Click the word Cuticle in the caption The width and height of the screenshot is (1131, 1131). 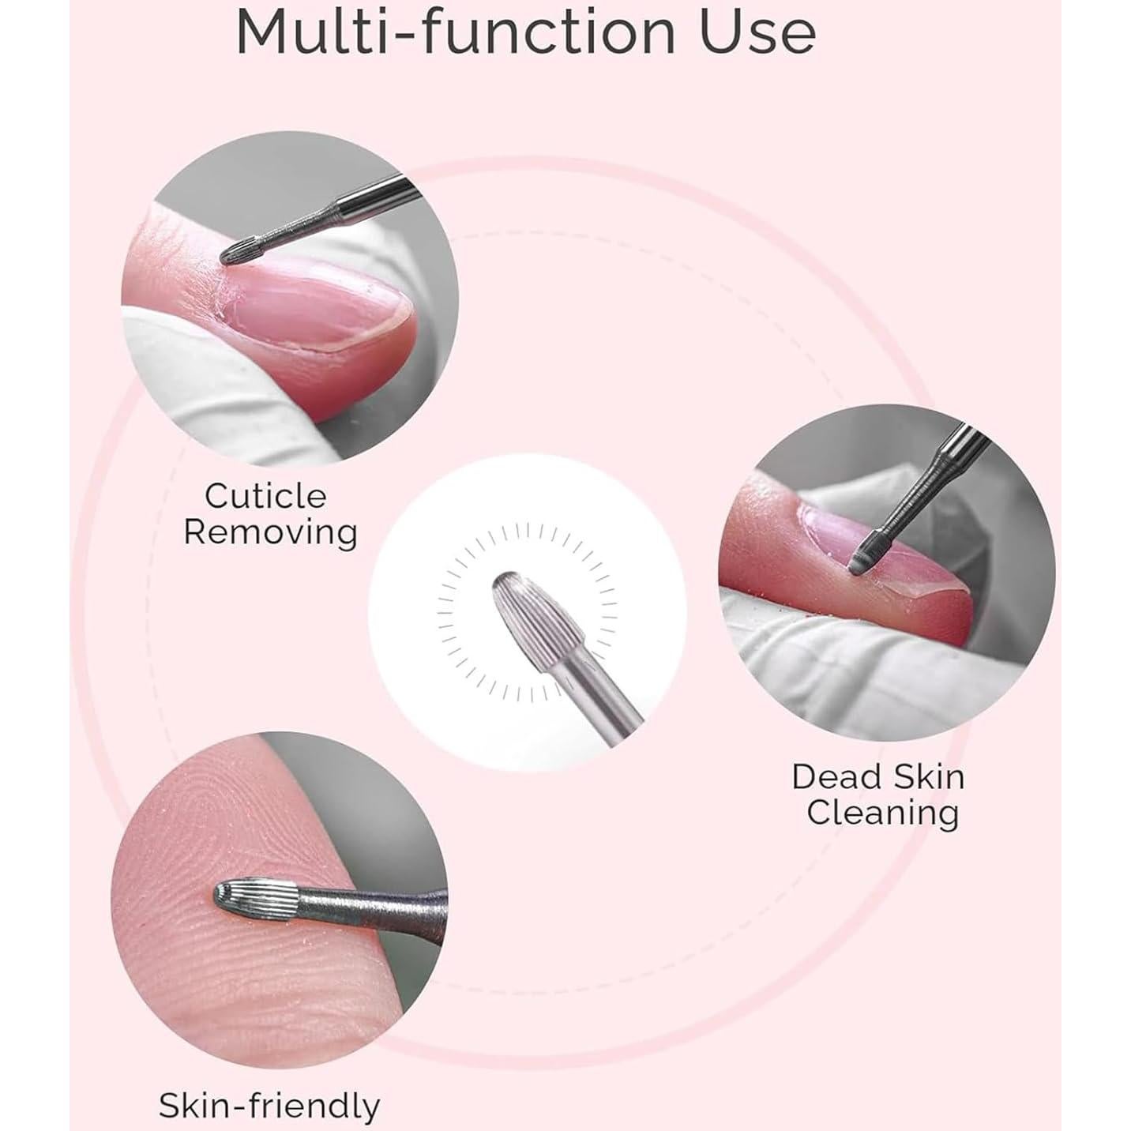click(x=265, y=496)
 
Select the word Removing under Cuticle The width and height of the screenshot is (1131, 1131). click(x=270, y=532)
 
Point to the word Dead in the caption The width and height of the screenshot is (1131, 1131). click(x=836, y=776)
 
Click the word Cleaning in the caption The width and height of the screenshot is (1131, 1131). click(x=882, y=812)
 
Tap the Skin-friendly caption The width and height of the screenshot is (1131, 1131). click(x=269, y=1105)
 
